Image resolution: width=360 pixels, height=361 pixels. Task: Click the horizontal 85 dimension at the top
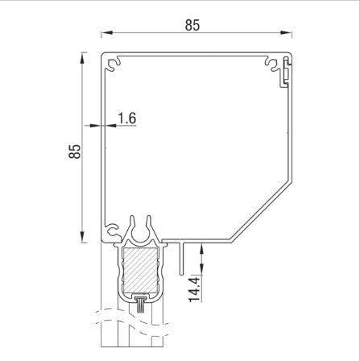(x=191, y=24)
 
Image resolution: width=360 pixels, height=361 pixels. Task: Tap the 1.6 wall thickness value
(x=126, y=117)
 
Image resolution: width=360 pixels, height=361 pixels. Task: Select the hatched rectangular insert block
(x=142, y=270)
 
